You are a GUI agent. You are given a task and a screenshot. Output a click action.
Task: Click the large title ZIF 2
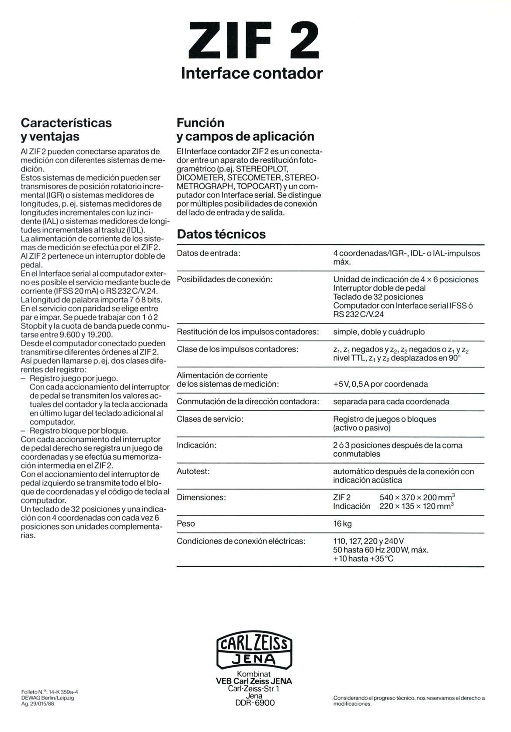252,39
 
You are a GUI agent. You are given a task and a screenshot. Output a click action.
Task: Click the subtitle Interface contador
252,73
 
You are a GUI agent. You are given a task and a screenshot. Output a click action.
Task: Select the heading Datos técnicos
221,234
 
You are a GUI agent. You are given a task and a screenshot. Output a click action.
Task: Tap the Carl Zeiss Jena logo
254,650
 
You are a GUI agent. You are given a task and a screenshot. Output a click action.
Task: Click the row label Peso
186,524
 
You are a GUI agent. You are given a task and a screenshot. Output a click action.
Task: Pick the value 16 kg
342,524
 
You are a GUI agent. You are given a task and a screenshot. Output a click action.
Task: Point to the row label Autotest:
193,472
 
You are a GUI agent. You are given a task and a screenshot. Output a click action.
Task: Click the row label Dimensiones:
201,497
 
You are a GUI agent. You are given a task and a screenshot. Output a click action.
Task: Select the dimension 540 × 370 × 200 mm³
417,497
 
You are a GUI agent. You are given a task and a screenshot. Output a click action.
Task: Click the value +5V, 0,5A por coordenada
380,384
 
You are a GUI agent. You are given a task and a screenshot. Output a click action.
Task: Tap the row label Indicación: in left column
197,445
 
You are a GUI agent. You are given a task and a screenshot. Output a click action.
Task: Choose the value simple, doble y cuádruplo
379,332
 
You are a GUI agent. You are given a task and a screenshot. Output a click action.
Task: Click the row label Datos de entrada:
209,253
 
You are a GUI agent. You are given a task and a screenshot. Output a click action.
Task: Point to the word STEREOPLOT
262,169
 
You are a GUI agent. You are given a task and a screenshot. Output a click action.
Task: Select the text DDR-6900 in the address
255,703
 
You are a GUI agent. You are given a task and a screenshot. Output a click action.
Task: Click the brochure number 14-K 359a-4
61,692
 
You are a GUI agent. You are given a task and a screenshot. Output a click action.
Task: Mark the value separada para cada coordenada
391,402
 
